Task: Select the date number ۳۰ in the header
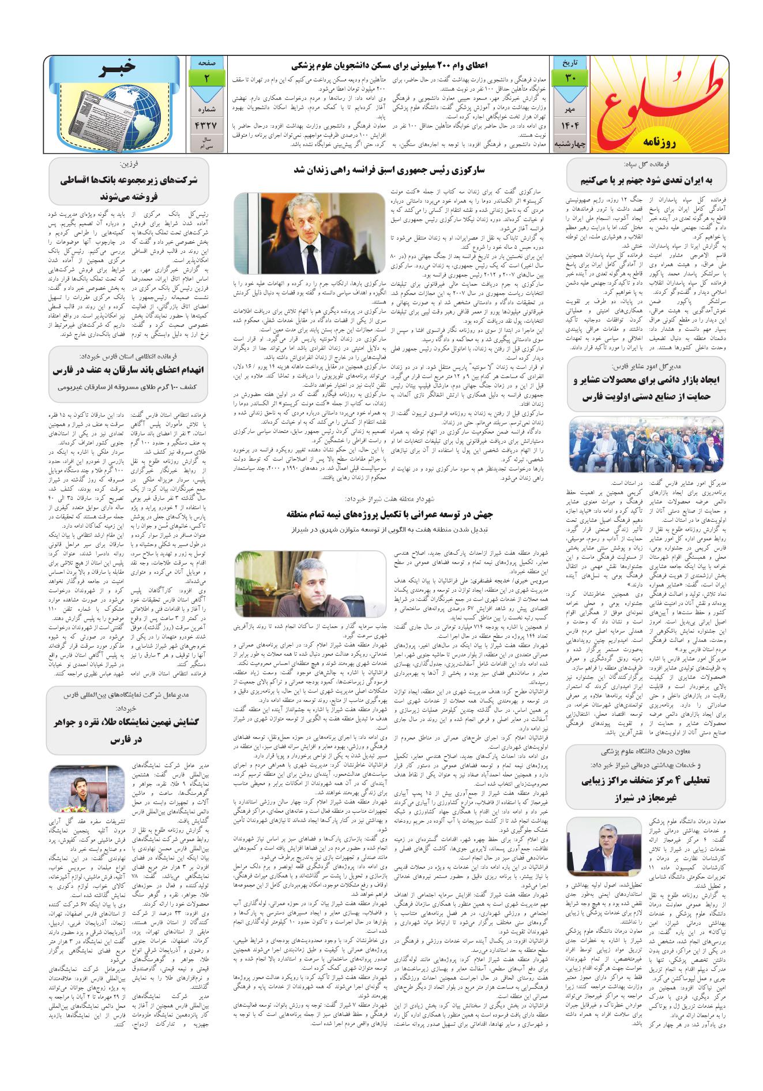[568, 77]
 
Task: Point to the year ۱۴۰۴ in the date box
[568, 126]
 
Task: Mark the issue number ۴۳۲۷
[206, 126]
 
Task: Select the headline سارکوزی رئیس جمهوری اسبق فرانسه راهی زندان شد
[390, 171]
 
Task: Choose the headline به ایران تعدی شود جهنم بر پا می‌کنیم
[646, 181]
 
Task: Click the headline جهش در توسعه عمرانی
[390, 514]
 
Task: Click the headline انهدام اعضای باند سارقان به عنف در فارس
[125, 371]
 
